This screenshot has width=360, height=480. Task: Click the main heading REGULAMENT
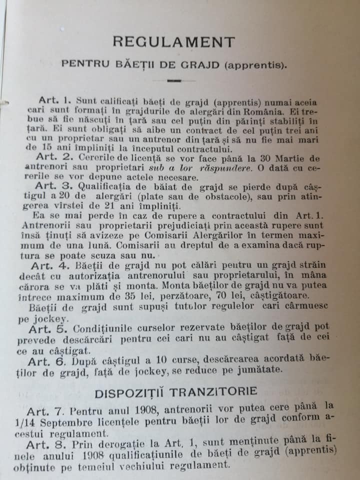tap(174, 41)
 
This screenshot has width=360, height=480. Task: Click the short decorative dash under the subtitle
tap(174, 79)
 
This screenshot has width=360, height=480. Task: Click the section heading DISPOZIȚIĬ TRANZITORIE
tap(176, 391)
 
